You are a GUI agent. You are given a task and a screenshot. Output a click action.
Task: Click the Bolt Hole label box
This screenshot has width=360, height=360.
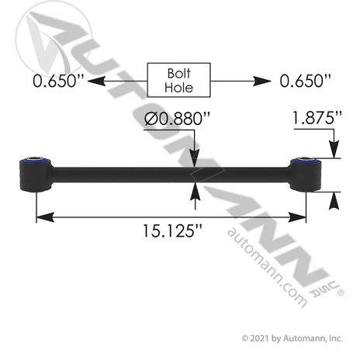(x=179, y=80)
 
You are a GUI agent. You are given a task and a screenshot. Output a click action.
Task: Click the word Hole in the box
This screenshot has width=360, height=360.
(x=179, y=88)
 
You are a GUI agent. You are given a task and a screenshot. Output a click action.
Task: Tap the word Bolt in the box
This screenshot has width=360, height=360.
(x=179, y=73)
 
